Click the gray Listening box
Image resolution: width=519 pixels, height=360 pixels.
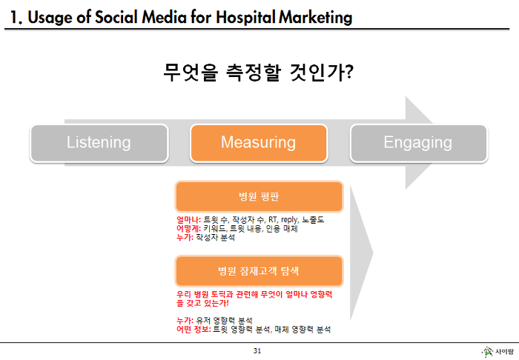pos(99,143)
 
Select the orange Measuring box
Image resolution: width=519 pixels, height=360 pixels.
pos(259,143)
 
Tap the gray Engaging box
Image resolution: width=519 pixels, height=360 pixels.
pos(419,143)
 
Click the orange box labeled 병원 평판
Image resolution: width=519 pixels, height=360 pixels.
pos(259,197)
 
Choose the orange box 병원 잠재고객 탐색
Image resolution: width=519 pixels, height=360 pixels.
pos(259,271)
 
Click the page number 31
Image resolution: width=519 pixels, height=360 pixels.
pos(257,351)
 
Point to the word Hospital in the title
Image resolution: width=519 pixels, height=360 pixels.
pos(245,17)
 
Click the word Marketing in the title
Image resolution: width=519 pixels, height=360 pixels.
pos(315,17)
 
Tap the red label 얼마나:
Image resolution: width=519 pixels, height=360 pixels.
pos(188,219)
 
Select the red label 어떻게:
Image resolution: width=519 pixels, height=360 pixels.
pos(188,228)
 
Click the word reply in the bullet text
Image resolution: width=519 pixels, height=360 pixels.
pos(290,220)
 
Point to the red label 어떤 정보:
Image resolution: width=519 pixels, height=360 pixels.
pos(194,329)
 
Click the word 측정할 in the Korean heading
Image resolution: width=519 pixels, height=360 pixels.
pos(254,73)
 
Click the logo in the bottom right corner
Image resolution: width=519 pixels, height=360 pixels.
pos(497,352)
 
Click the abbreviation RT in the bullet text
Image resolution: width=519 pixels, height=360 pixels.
pos(273,219)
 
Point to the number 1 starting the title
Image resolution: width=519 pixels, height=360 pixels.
pos(14,17)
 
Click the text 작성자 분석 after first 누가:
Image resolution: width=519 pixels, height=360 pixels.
pos(215,237)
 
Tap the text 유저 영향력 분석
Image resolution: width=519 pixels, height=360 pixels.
pos(224,320)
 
